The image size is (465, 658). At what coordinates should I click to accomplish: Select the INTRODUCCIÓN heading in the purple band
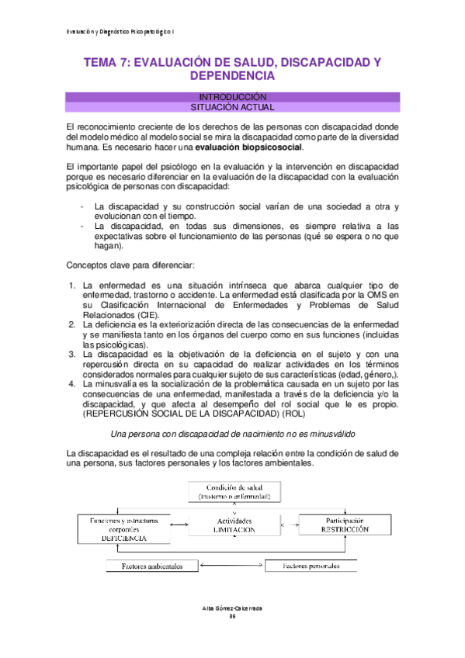pos(233,98)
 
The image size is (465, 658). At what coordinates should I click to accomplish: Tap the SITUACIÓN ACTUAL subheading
pos(233,108)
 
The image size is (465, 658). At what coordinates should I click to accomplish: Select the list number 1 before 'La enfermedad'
pos(71,285)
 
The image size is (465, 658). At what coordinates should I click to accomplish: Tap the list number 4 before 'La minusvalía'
pos(71,383)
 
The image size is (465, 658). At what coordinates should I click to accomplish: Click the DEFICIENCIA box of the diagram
pos(123,528)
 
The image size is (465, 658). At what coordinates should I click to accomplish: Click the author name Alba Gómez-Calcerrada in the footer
pos(232,608)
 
